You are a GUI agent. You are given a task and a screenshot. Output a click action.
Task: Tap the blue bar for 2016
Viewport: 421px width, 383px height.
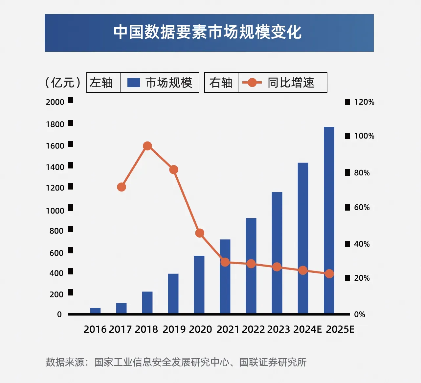pyautogui.click(x=95, y=310)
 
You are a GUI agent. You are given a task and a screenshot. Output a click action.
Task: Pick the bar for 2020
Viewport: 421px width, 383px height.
pyautogui.click(x=199, y=284)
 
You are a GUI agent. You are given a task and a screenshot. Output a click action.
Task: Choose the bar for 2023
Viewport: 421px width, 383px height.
pyautogui.click(x=277, y=252)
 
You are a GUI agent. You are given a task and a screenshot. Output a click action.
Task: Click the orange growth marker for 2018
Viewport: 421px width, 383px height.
pyautogui.click(x=147, y=146)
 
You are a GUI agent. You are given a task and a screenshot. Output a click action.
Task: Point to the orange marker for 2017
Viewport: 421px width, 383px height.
pyautogui.click(x=122, y=187)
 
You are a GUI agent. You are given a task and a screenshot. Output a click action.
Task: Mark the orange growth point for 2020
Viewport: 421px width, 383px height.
pyautogui.click(x=200, y=233)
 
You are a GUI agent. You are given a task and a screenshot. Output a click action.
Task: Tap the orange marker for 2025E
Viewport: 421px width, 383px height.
pyautogui.click(x=329, y=274)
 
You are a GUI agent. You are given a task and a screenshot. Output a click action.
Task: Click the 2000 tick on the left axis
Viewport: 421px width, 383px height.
pyautogui.click(x=55, y=102)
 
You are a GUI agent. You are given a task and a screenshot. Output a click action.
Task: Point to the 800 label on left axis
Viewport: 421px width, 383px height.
pyautogui.click(x=56, y=231)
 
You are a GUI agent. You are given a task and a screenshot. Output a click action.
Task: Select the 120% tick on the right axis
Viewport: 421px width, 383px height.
pyautogui.click(x=364, y=102)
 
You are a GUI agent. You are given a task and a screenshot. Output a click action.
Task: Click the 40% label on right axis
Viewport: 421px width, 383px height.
pyautogui.click(x=362, y=244)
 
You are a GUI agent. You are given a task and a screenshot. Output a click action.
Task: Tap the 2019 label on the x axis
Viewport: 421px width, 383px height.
pyautogui.click(x=174, y=329)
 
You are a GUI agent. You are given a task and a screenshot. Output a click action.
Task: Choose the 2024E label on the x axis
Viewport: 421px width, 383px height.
pyautogui.click(x=307, y=329)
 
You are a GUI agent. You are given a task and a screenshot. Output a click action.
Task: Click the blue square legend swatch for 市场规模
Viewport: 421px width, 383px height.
pyautogui.click(x=133, y=82)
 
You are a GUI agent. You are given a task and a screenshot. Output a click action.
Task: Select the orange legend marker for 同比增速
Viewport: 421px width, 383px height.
pyautogui.click(x=252, y=82)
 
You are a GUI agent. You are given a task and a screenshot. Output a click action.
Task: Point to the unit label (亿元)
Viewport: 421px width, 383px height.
pyautogui.click(x=63, y=82)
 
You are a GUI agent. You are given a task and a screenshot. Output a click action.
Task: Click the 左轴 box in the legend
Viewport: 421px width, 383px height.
pyautogui.click(x=101, y=82)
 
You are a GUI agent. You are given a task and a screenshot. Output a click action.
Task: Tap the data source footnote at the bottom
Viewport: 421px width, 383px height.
pyautogui.click(x=176, y=362)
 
